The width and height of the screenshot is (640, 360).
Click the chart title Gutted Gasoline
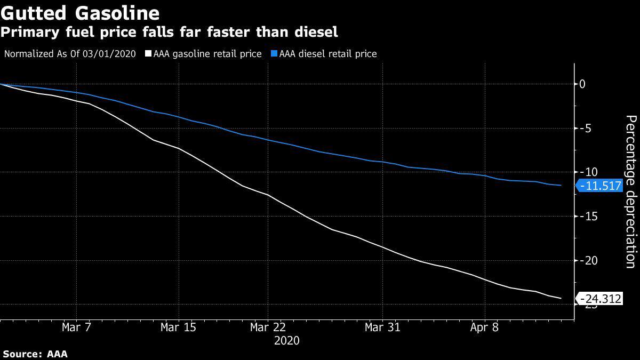(80, 12)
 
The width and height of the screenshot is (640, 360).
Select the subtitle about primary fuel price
(169, 32)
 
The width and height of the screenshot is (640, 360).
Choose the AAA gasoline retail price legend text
(207, 54)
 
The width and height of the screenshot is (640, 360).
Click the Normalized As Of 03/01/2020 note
(70, 54)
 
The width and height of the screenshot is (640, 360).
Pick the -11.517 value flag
(600, 186)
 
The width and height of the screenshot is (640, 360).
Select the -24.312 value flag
(600, 299)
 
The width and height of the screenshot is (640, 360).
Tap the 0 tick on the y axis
(582, 84)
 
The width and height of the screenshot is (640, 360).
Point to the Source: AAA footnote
(35, 354)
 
